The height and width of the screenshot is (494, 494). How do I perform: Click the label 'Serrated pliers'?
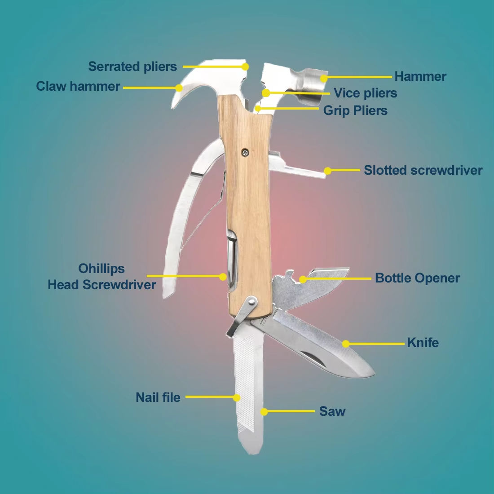coord(132,66)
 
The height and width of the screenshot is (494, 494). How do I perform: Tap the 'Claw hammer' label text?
coord(78,86)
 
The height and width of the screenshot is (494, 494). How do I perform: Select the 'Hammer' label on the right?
coord(420,76)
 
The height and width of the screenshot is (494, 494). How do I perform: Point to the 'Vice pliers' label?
coord(365,93)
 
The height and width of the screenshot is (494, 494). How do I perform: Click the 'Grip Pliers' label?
coord(355,110)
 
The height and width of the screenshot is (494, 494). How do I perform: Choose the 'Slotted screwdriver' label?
coord(423,170)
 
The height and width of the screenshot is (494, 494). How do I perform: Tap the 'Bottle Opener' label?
coord(417,278)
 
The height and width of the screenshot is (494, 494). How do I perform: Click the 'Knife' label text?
coord(423,343)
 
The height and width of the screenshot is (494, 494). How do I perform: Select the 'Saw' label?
coord(332,411)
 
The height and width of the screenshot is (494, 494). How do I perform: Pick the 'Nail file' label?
coord(158,397)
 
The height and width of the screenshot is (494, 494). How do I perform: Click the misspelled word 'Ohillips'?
coord(101,269)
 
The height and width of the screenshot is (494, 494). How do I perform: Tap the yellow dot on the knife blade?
coord(345,344)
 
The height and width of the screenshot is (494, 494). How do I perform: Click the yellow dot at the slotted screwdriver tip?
coord(327,171)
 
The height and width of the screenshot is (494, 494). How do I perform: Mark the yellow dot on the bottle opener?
coord(303,279)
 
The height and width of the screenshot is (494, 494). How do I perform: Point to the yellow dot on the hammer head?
coord(323,79)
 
